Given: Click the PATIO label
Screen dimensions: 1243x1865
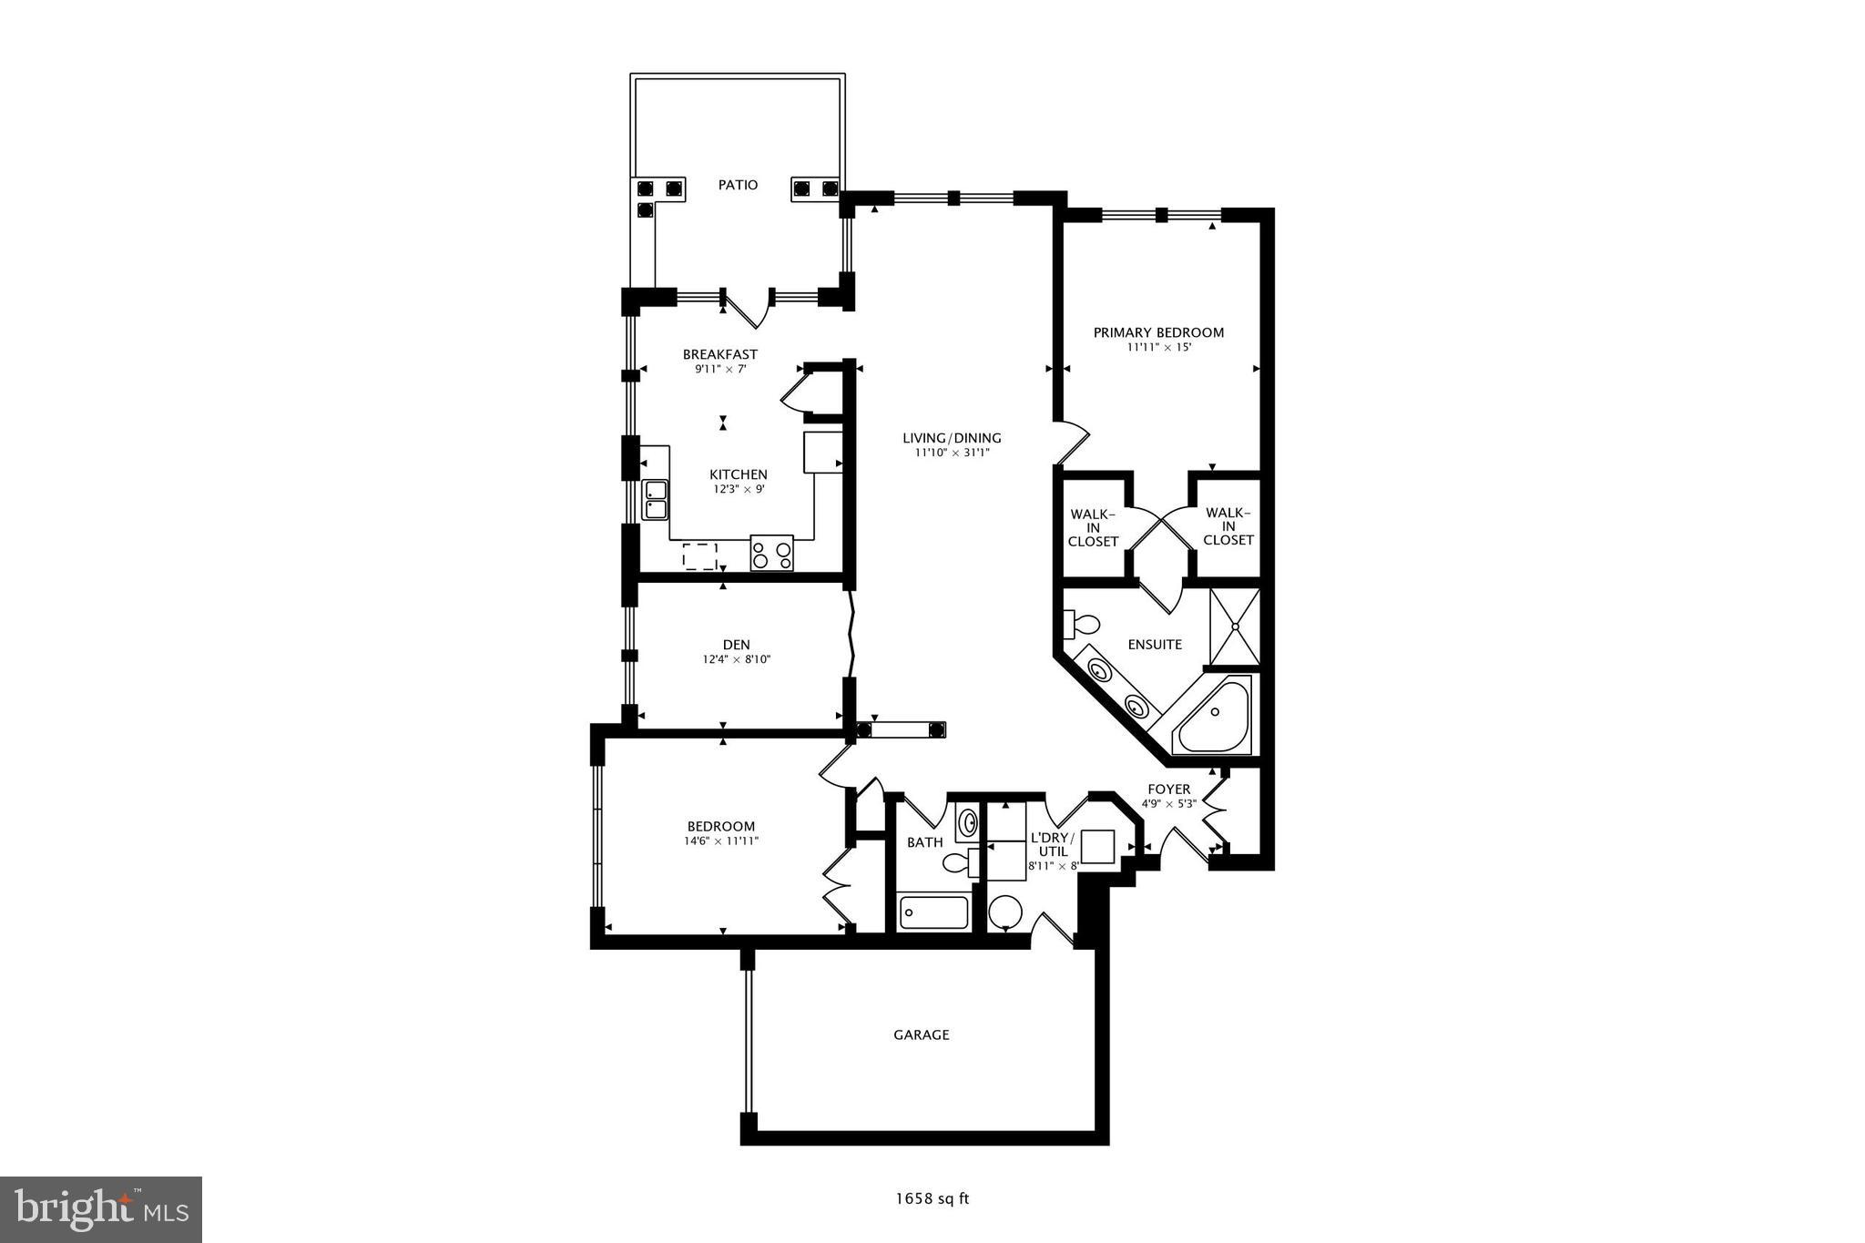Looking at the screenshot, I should point(738,185).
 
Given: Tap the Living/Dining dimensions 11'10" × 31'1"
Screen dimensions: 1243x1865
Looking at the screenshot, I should point(952,453).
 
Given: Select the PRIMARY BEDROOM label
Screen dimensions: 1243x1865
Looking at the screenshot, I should point(1158,332).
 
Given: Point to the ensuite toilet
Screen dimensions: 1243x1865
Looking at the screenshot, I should point(1082,625).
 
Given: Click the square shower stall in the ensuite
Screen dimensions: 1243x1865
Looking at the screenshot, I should point(1234,626).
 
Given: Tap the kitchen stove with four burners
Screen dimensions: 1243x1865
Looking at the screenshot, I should point(771,553).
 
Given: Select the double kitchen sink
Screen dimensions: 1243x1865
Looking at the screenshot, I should point(655,499).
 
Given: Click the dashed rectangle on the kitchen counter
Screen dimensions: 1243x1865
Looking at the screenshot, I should point(700,555).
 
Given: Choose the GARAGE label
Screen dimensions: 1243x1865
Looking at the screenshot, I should point(921,1034).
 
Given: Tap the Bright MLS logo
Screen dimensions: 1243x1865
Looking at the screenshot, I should point(101,1209).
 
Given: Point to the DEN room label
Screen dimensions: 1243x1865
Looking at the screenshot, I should point(737,645).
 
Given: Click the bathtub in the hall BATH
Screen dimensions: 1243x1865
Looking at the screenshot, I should point(933,912).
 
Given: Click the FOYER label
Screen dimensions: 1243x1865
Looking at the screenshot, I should point(1168,790).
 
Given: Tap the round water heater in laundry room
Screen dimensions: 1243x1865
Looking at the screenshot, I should point(1005,911).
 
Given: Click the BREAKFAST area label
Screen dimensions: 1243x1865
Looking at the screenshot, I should point(719,354).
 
